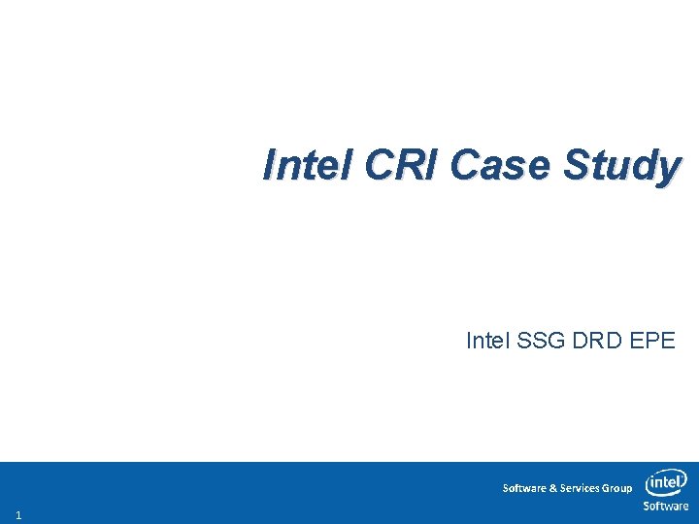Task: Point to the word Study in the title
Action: (621, 167)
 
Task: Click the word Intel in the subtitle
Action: (487, 342)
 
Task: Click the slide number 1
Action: (18, 514)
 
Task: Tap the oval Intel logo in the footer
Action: (666, 482)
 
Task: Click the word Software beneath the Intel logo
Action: (666, 506)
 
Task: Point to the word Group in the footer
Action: (617, 488)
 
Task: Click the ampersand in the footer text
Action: (552, 488)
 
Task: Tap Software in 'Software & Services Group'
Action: (524, 488)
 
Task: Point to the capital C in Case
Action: (465, 165)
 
